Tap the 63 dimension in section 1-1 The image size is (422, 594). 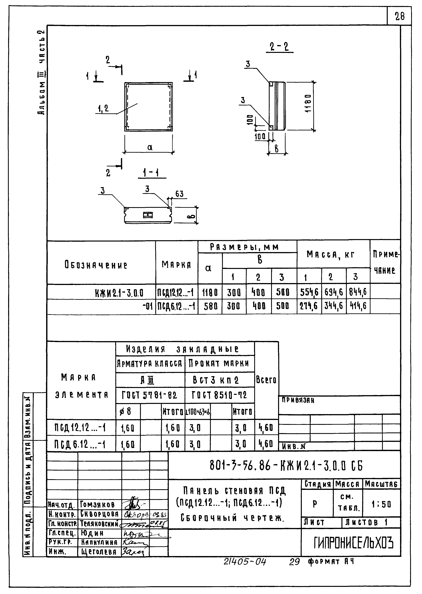pos(179,194)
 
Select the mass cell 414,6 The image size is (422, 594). pos(358,306)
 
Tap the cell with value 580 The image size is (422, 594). pos(210,306)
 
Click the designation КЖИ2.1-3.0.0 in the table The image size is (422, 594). pos(119,293)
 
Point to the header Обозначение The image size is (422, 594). pos(96,265)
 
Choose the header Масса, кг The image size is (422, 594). pos(333,255)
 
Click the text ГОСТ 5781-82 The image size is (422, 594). pos(149,395)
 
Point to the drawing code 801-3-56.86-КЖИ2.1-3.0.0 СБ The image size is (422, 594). pos(286,465)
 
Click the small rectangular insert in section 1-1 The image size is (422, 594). pos(148,215)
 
